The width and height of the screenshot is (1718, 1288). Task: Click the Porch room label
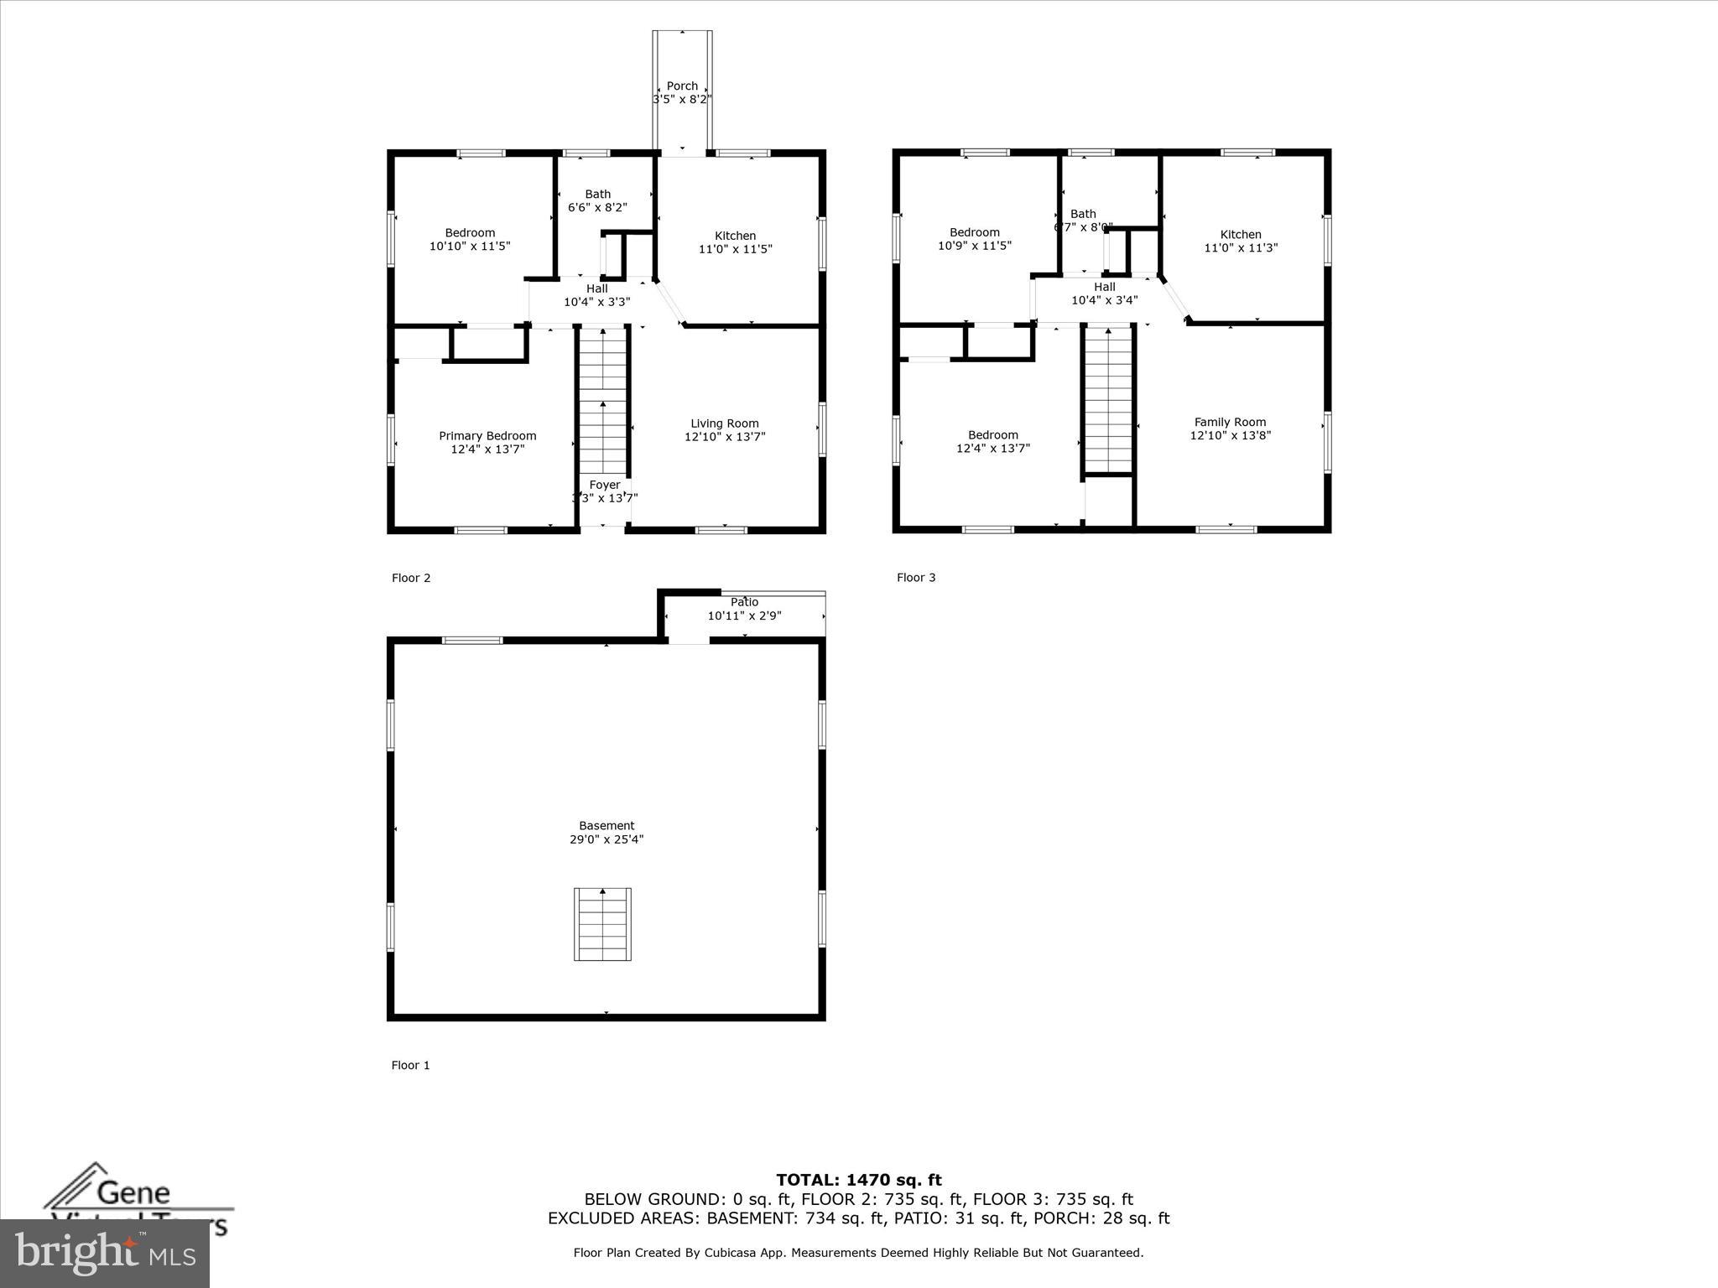click(682, 86)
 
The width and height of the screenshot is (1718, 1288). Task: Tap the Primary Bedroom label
click(487, 435)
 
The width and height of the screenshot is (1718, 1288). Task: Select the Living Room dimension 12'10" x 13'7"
click(725, 437)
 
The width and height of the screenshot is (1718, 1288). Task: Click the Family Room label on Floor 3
click(1230, 422)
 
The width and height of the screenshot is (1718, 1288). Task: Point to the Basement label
click(607, 825)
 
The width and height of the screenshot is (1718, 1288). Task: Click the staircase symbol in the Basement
click(602, 923)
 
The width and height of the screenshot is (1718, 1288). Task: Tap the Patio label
click(744, 602)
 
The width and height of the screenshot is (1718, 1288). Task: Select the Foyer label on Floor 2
click(605, 485)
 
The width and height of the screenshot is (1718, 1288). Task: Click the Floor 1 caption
click(410, 1065)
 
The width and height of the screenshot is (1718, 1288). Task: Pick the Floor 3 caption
click(916, 577)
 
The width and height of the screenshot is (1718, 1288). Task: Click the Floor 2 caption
click(411, 578)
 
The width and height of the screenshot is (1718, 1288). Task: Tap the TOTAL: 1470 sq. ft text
click(858, 1180)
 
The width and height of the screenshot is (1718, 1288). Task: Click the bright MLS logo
click(105, 1253)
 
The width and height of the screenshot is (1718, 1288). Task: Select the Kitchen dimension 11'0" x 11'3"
click(1241, 248)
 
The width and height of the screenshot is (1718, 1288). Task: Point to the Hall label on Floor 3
click(1105, 287)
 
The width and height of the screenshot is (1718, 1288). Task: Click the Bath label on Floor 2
click(598, 194)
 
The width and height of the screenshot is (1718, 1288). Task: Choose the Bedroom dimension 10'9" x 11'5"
click(975, 247)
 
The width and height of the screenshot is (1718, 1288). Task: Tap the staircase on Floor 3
click(1109, 401)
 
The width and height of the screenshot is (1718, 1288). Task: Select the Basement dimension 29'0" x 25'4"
click(607, 839)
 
